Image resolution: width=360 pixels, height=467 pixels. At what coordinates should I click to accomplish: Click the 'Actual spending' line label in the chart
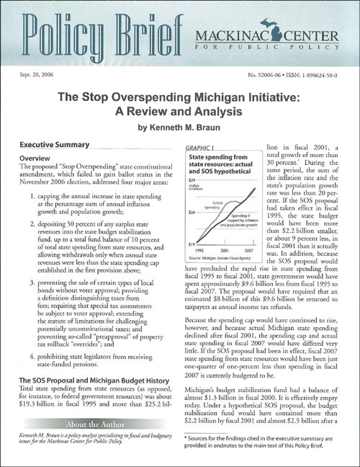212,205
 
